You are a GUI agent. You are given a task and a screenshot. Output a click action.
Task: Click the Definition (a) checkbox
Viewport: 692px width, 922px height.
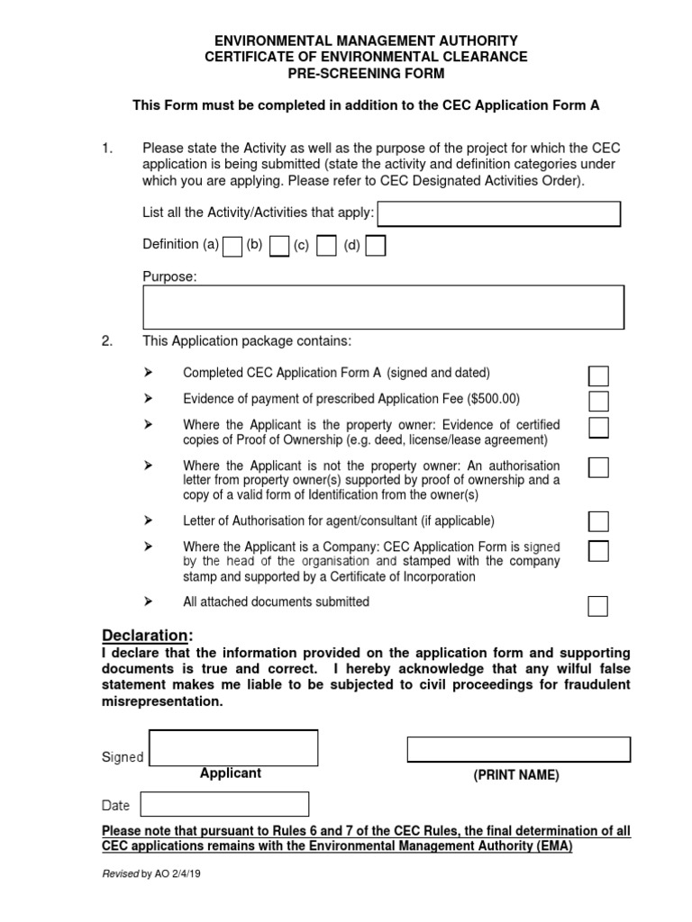232,246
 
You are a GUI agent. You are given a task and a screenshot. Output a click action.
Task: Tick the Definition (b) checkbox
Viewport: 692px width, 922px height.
279,246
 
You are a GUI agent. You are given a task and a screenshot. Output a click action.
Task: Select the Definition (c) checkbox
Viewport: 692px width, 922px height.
327,246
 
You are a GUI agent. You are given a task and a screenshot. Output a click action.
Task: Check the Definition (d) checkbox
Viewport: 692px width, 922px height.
376,246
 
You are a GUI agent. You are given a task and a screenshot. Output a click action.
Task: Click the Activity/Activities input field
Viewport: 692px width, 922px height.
499,214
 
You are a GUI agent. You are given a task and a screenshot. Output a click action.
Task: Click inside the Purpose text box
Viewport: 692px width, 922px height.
384,307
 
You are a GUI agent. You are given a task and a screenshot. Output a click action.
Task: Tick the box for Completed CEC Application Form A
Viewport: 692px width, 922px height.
598,376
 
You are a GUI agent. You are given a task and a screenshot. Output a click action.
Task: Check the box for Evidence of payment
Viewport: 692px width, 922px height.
598,401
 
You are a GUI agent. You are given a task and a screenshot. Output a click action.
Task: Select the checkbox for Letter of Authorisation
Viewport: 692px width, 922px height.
598,521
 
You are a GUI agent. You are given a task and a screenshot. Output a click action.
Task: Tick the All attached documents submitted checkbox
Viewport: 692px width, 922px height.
598,606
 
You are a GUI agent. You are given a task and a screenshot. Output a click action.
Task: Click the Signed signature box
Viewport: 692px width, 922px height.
232,748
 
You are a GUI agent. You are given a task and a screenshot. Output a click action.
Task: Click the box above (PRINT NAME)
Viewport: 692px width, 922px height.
518,749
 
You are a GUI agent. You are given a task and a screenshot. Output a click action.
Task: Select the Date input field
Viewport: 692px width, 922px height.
224,804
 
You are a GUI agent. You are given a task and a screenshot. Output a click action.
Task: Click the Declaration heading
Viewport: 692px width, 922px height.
147,636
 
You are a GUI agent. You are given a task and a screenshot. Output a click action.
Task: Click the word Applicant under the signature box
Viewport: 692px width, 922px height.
231,773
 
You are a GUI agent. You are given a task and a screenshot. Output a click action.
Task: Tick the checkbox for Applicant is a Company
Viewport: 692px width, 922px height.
598,551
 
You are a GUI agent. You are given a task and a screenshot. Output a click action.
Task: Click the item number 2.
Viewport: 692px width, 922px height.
107,341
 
